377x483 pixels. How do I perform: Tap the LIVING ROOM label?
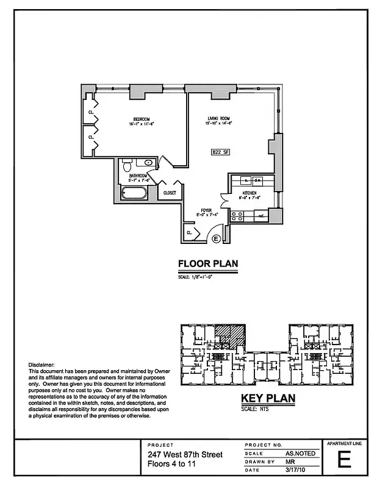pyautogui.click(x=217, y=119)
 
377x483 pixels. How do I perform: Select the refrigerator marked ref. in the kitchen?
pyautogui.click(x=260, y=215)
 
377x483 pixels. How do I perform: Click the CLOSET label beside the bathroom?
pyautogui.click(x=169, y=193)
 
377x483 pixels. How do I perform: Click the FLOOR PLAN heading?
pyautogui.click(x=207, y=264)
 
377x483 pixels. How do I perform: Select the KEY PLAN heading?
pyautogui.click(x=268, y=399)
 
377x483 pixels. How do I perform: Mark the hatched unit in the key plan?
pyautogui.click(x=229, y=336)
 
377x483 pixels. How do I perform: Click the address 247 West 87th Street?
pyautogui.click(x=184, y=455)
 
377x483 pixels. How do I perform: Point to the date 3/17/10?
pyautogui.click(x=295, y=470)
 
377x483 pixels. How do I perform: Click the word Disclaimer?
pyautogui.click(x=41, y=364)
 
